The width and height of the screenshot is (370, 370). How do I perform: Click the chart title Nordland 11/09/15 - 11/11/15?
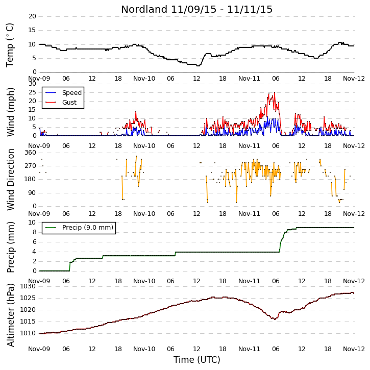196,9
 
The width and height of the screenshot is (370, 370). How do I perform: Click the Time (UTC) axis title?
196,360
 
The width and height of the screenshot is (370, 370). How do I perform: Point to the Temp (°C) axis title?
10,45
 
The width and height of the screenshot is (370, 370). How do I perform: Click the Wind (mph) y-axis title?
11,112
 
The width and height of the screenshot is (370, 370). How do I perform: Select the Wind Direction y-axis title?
11,179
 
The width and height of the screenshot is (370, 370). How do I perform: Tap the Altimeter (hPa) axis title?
11,315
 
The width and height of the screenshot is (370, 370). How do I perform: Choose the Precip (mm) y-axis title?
11,247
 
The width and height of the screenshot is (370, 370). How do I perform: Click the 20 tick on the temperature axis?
32,16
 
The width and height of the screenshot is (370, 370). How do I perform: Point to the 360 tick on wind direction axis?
31,153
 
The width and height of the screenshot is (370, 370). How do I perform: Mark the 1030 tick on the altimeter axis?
28,286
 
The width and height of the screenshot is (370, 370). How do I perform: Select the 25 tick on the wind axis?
32,92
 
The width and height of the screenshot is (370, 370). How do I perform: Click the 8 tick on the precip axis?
35,232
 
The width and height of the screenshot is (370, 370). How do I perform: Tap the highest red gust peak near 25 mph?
275,92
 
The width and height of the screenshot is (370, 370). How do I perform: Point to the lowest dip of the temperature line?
198,66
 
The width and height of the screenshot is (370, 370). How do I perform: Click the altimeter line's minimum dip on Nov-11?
274,319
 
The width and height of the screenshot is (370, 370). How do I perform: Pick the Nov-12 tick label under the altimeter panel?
354,349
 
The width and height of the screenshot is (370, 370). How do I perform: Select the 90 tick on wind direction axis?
32,193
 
